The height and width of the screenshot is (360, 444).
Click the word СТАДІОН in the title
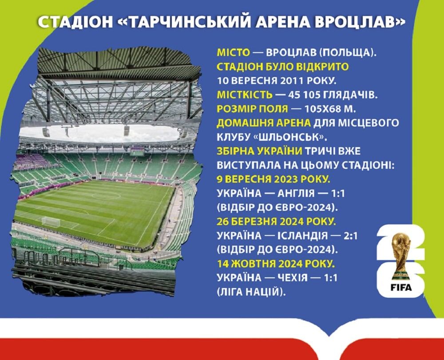pos(75,22)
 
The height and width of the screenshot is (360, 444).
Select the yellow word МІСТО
pos(234,53)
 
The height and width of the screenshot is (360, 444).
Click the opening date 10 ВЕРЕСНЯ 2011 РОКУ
pos(276,81)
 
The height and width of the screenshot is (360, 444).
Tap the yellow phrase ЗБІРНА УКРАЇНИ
pos(259,151)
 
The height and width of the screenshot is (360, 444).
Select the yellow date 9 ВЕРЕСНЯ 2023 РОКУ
pos(274,179)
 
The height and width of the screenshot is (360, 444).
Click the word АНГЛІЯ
pos(296,193)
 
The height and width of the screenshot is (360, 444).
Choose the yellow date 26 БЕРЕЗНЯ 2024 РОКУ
pos(276,221)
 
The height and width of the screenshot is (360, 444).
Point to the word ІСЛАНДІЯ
pos(302,236)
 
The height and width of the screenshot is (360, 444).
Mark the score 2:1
pos(350,236)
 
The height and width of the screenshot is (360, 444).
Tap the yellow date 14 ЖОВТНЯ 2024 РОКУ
pos(276,264)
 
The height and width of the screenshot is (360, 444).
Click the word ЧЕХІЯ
pos(293,277)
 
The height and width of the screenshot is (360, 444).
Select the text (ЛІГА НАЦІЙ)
pos(251,292)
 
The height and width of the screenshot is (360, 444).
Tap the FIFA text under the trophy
pos(401,288)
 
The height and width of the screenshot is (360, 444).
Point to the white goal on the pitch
pos(51,222)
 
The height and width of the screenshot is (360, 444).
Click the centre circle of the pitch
pos(106,196)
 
